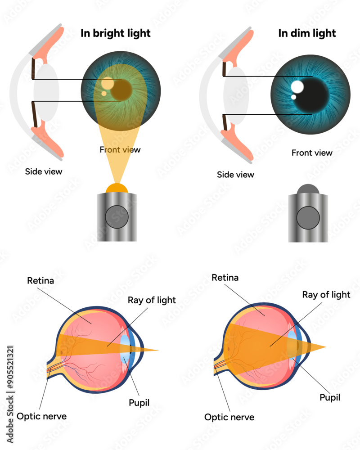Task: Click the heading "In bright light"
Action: [115, 33]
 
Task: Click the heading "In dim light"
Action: [307, 33]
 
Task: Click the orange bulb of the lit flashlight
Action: [117, 188]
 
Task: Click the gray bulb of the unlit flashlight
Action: [308, 189]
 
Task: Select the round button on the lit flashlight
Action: [117, 217]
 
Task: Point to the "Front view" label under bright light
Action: [120, 149]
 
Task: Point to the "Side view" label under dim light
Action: [235, 175]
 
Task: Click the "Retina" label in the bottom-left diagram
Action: [40, 281]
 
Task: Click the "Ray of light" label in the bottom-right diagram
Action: [326, 295]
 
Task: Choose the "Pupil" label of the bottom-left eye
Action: [139, 403]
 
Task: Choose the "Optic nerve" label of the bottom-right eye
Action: [229, 417]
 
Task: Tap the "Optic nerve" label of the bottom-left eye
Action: [42, 416]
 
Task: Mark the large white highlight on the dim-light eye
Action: [297, 86]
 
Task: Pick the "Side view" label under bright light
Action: [44, 171]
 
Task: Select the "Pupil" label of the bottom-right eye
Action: [330, 397]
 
